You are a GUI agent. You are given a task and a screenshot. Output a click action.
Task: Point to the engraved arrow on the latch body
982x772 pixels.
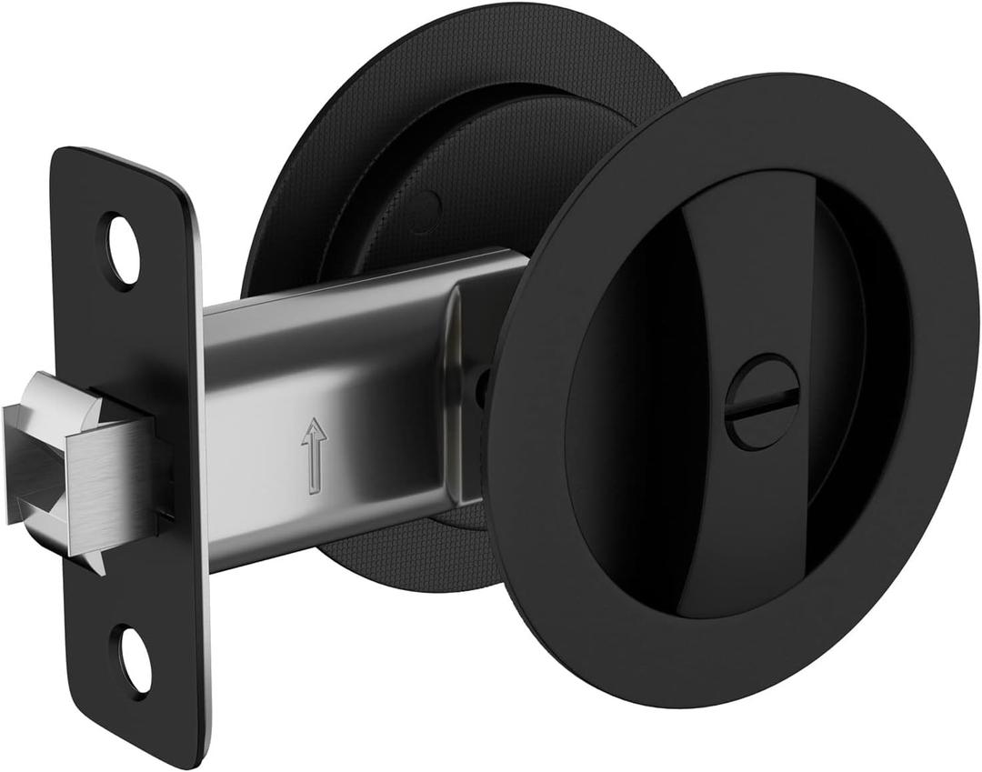tap(314, 456)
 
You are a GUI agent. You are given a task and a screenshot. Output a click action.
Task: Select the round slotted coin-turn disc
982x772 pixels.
tap(762, 401)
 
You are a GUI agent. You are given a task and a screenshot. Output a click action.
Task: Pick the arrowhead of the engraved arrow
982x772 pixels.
tap(314, 427)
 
